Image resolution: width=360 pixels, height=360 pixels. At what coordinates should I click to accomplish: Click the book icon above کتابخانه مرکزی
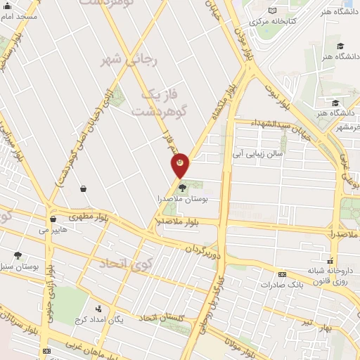pos(272,9)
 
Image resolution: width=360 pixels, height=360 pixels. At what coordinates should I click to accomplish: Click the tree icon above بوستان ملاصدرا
pos(183,188)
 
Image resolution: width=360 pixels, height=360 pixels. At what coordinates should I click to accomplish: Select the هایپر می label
pos(53,229)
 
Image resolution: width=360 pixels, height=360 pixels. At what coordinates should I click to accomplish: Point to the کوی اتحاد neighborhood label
pos(126,264)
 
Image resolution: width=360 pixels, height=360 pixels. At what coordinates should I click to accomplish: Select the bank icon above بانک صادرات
pos(282,274)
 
